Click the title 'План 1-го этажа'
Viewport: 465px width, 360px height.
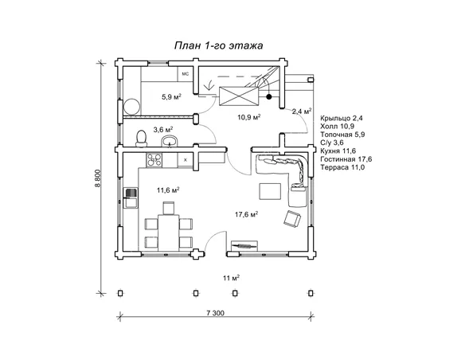point(218,46)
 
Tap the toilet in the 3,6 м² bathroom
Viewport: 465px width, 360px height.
point(141,139)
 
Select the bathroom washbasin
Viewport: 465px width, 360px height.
point(170,141)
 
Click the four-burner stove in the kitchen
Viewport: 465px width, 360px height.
point(154,160)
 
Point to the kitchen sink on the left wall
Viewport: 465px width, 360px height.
point(131,198)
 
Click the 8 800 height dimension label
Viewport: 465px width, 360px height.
point(98,178)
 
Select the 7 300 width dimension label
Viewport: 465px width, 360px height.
point(215,313)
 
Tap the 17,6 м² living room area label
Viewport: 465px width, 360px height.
point(247,214)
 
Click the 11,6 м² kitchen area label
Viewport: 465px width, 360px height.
point(168,190)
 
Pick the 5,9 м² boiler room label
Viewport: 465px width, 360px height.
point(171,96)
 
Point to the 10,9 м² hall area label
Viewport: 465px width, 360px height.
point(249,117)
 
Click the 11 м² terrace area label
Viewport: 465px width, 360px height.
point(232,278)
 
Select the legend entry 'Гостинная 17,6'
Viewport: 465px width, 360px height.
point(346,159)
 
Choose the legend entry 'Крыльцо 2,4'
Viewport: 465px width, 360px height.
point(342,118)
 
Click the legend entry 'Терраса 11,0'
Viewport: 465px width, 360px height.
point(342,167)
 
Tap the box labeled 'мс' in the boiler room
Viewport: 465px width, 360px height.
point(186,74)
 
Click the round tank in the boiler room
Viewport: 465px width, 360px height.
point(131,107)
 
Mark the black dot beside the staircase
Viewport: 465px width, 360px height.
point(269,96)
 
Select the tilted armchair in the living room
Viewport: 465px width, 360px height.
point(292,219)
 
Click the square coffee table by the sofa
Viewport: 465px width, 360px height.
point(270,191)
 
